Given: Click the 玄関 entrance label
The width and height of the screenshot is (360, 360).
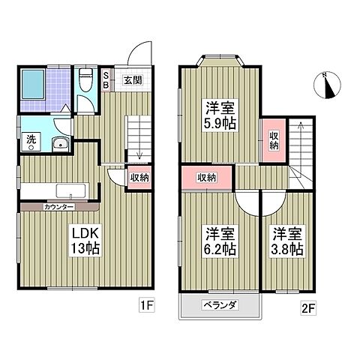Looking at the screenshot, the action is [133, 80].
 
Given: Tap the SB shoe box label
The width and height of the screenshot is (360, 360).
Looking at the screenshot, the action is [106, 80].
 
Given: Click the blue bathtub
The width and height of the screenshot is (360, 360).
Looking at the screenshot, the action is [33, 85].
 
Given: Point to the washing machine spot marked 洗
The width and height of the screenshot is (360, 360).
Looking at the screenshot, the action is [31, 142].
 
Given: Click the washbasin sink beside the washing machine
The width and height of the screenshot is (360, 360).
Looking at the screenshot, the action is [61, 144].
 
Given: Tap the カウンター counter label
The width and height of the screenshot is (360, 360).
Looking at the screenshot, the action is [59, 207].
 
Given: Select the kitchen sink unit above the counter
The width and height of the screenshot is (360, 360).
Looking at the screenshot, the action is [73, 191].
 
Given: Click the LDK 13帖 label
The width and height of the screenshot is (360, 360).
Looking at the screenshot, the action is [85, 240].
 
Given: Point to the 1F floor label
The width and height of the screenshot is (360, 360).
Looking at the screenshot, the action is [147, 305].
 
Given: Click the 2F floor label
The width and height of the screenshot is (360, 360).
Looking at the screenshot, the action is [308, 308].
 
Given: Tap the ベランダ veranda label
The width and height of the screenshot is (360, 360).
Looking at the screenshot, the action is [220, 305].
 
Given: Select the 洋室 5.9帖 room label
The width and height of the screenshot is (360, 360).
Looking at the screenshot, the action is [220, 115].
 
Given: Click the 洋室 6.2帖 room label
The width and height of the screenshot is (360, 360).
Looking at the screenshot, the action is [220, 241].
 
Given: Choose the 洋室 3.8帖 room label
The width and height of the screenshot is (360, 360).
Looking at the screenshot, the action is [287, 241].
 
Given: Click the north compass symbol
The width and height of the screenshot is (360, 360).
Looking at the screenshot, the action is [327, 85].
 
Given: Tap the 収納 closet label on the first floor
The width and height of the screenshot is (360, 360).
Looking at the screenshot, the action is [139, 178].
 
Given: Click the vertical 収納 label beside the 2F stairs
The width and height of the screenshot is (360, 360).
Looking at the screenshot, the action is [274, 141].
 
